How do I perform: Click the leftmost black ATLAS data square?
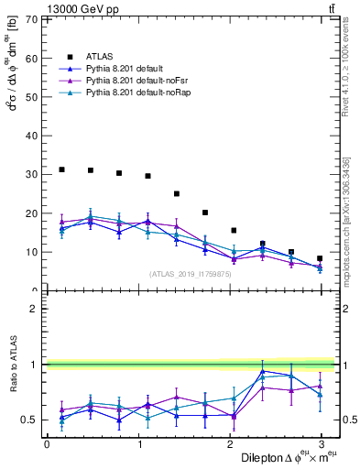(x=61, y=169)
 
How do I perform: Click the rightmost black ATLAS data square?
(x=320, y=258)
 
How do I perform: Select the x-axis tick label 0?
(x=47, y=443)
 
